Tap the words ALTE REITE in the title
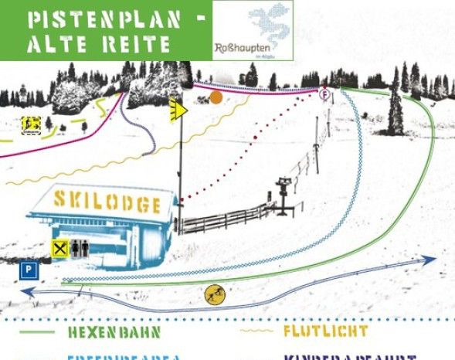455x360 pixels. (x=98, y=44)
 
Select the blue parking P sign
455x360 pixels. (x=28, y=270)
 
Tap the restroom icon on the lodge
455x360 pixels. (x=80, y=246)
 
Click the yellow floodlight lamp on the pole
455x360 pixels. (x=178, y=110)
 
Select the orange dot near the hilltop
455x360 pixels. (x=216, y=97)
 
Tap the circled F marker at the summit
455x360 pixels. (x=324, y=93)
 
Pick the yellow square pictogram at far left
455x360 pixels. (x=32, y=123)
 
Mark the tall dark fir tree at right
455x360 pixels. (x=396, y=104)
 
